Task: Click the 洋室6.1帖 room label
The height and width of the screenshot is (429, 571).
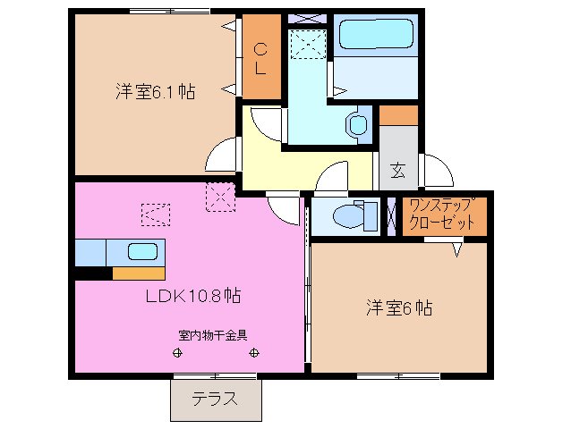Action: click(x=155, y=91)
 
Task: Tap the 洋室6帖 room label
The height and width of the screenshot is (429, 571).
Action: click(x=398, y=308)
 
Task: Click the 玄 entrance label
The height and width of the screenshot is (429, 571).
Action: click(x=397, y=167)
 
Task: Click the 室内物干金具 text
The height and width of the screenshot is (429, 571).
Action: click(x=213, y=336)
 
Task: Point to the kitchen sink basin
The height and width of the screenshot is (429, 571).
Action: click(x=143, y=251)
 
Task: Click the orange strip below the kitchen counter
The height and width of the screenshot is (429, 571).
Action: click(x=138, y=273)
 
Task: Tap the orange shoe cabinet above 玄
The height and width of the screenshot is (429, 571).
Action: click(x=399, y=115)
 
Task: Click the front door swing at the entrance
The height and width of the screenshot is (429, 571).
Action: click(x=439, y=171)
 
